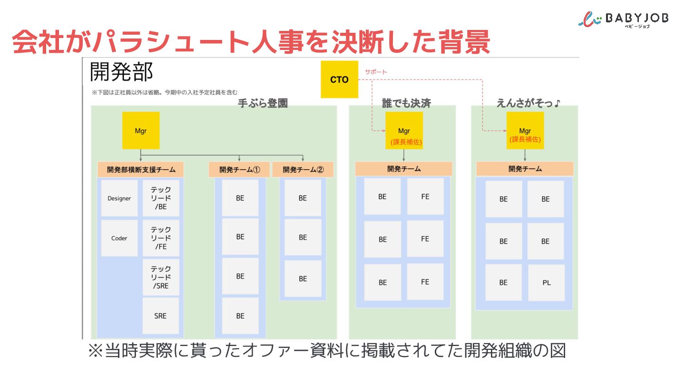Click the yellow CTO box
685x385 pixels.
[339, 79]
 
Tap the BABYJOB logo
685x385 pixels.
[623, 19]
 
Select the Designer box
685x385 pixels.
[119, 198]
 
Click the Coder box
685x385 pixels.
[119, 238]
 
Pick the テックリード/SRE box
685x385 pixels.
[161, 278]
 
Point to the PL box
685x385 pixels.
[546, 282]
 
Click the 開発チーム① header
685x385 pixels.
[239, 170]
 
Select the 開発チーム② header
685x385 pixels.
[303, 170]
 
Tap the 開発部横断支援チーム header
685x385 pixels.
[141, 170]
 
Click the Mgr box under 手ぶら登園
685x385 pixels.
[141, 131]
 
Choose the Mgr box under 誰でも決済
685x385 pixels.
[404, 131]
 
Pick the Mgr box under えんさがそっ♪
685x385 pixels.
[525, 131]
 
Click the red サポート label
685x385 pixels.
[376, 72]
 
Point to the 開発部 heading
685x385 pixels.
[121, 72]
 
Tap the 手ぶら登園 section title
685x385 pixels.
[263, 104]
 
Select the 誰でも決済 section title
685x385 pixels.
[406, 104]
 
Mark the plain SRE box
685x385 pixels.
[161, 316]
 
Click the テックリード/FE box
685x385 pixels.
[161, 238]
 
